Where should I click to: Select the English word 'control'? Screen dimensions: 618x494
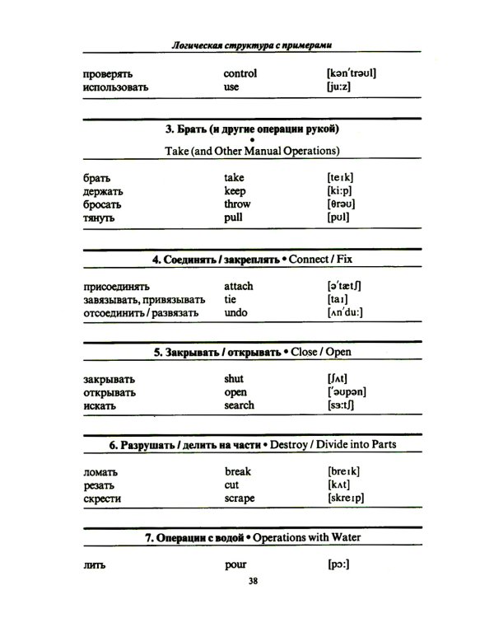240,73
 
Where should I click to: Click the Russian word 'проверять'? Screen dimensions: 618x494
108,73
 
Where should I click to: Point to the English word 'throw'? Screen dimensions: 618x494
237,204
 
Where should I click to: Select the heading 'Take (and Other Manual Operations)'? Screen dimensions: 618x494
252,151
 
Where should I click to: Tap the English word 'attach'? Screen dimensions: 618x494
239,286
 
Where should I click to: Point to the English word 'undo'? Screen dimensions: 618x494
235,313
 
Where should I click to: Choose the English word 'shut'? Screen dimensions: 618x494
234,379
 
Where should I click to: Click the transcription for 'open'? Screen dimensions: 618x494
347,392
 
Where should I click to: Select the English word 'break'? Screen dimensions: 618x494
238,471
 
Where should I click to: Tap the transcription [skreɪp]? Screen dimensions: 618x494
346,499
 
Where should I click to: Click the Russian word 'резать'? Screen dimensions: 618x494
99,485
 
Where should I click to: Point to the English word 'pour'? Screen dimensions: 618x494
235,565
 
